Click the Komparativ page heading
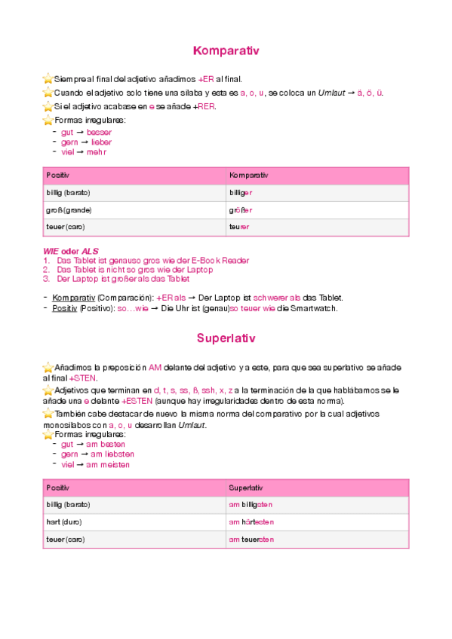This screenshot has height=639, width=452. [226, 51]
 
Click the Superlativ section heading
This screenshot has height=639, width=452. [226, 338]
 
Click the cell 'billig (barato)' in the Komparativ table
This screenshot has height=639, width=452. [69, 193]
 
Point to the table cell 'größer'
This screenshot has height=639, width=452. [241, 209]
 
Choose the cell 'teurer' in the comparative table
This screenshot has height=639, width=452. [239, 227]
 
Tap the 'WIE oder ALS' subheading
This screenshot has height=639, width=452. [70, 251]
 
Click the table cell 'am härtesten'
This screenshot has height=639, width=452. [251, 521]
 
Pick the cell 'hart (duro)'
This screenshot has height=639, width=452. [64, 521]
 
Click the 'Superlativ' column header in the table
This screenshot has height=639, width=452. [245, 488]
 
